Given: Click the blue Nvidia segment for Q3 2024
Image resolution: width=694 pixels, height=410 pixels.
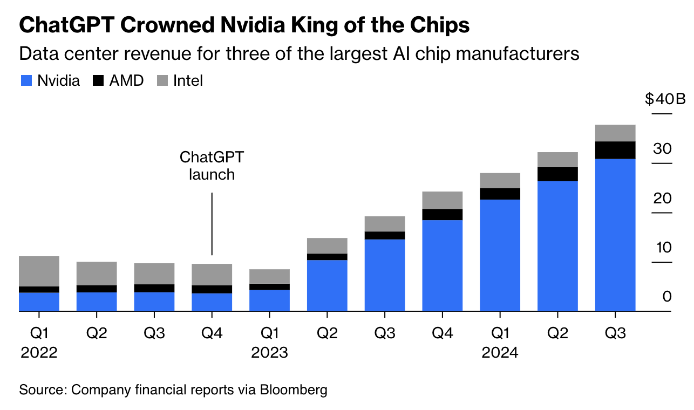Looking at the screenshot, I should (615, 235).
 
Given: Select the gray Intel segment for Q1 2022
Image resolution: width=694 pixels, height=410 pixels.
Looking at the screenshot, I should (39, 271).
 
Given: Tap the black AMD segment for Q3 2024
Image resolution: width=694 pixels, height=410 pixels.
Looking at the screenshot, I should (615, 150).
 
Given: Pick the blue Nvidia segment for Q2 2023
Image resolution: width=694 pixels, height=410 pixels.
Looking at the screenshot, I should (327, 285).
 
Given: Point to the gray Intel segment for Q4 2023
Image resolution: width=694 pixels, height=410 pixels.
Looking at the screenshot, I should (443, 200).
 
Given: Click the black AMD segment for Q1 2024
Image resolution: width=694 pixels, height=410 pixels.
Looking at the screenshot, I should (500, 194).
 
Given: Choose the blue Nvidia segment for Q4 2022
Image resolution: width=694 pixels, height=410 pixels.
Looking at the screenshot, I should (212, 302).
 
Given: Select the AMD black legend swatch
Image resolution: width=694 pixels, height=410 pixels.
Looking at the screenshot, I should (99, 81).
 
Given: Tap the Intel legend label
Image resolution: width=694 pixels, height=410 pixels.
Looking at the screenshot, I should (188, 81).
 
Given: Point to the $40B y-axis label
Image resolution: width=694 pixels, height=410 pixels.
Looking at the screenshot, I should (665, 100).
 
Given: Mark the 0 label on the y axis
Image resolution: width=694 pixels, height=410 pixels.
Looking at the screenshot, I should (667, 297).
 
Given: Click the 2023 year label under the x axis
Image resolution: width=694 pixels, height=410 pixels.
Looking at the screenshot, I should (269, 353).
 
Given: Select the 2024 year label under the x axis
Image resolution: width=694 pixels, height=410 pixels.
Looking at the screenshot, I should (500, 353).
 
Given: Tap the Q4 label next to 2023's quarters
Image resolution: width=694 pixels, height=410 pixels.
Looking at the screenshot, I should (443, 333).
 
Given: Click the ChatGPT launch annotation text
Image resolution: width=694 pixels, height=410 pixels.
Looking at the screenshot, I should (212, 166).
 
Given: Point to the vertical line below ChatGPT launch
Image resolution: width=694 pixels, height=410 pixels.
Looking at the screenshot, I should (212, 224).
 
